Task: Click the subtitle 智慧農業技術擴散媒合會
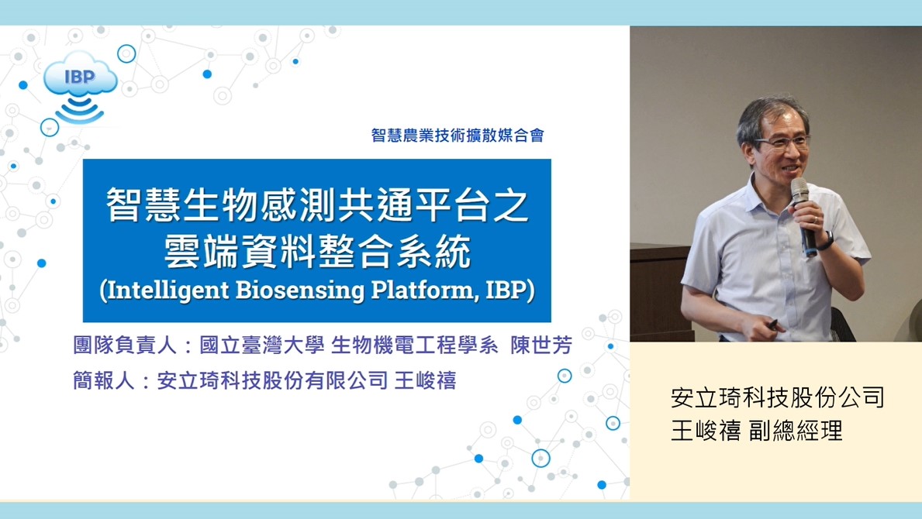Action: [x=458, y=135]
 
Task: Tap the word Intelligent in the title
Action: [x=167, y=290]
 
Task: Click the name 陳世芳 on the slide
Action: [x=541, y=345]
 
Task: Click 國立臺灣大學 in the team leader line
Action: [x=261, y=345]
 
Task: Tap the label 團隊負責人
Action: [x=124, y=345]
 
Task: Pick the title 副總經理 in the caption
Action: [x=796, y=431]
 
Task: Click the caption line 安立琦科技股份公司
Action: [x=777, y=397]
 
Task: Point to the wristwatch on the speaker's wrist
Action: [x=828, y=241]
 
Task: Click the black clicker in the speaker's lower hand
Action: [x=772, y=324]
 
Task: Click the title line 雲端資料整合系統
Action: [x=317, y=251]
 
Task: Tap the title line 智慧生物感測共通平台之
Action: [x=317, y=205]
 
